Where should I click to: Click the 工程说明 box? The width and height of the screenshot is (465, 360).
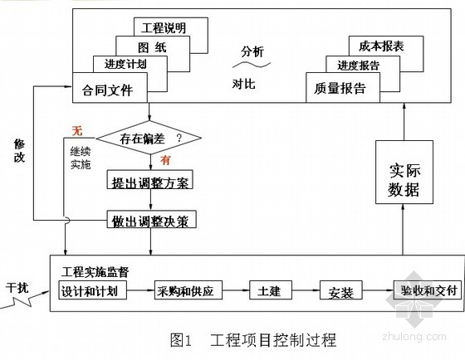pyautogui.click(x=171, y=27)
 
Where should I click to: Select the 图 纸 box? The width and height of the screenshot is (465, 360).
pyautogui.click(x=153, y=46)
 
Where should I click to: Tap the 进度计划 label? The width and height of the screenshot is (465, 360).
pyautogui.click(x=125, y=64)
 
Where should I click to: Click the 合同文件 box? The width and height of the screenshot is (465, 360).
pyautogui.click(x=110, y=88)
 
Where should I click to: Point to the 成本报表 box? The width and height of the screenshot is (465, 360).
pyautogui.click(x=386, y=46)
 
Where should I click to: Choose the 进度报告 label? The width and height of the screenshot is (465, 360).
pyautogui.click(x=358, y=66)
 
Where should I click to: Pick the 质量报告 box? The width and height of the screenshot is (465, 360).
pyautogui.click(x=343, y=88)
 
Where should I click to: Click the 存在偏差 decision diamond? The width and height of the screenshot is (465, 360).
pyautogui.click(x=149, y=138)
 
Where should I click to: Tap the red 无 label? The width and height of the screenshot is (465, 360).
pyautogui.click(x=77, y=131)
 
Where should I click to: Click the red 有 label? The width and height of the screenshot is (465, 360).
pyautogui.click(x=165, y=160)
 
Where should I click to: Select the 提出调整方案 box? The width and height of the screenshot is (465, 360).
pyautogui.click(x=150, y=179)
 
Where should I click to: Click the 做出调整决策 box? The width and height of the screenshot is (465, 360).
pyautogui.click(x=151, y=219)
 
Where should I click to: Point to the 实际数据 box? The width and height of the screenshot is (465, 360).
pyautogui.click(x=404, y=173)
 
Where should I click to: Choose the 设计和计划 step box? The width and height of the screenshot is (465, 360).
pyautogui.click(x=92, y=290)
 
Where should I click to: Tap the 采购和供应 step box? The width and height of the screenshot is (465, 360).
pyautogui.click(x=188, y=290)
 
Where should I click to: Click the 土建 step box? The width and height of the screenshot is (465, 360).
pyautogui.click(x=271, y=290)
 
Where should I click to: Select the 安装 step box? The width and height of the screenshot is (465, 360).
pyautogui.click(x=341, y=290)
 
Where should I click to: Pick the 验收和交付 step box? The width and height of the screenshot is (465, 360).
pyautogui.click(x=428, y=290)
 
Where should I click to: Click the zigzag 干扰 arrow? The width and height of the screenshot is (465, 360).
pyautogui.click(x=24, y=300)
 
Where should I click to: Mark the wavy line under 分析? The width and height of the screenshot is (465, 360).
pyautogui.click(x=252, y=65)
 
